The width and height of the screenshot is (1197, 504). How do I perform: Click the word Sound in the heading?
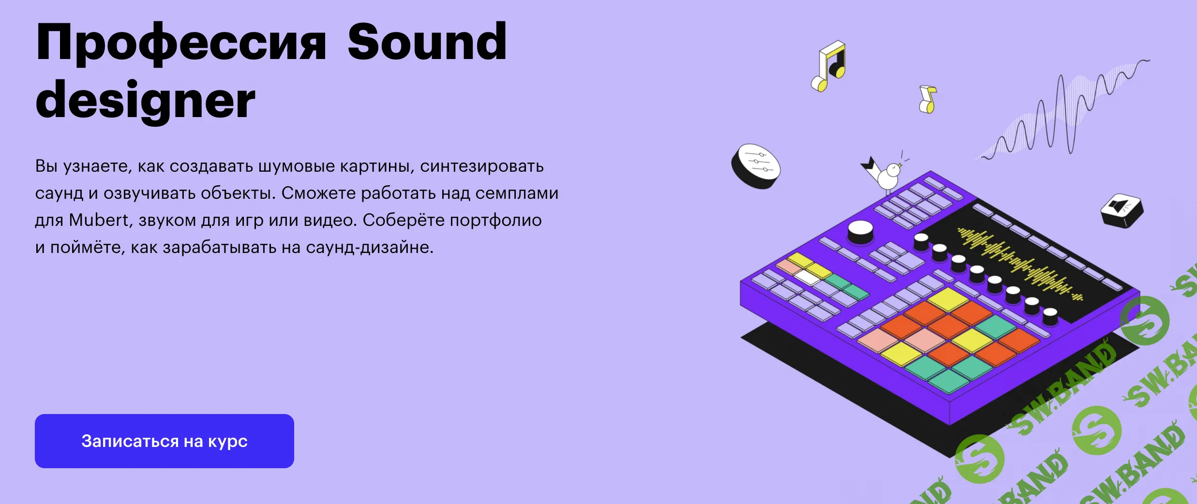click(x=427, y=44)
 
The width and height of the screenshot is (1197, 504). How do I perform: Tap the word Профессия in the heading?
click(x=181, y=44)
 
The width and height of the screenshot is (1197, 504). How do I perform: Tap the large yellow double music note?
click(x=829, y=66)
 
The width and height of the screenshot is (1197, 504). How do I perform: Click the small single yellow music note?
click(x=928, y=100)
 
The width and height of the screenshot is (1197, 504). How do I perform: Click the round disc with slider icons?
click(x=755, y=166)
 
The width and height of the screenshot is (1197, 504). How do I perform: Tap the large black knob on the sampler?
click(x=860, y=232)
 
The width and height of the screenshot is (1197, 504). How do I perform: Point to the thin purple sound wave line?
click(x=1064, y=111)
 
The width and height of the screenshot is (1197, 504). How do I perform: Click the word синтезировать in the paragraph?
click(x=481, y=166)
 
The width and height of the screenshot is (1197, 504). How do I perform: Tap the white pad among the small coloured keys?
click(x=807, y=277)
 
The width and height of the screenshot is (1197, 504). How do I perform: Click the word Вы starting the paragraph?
click(x=46, y=166)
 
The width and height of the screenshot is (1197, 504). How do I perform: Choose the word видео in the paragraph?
click(x=329, y=220)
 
